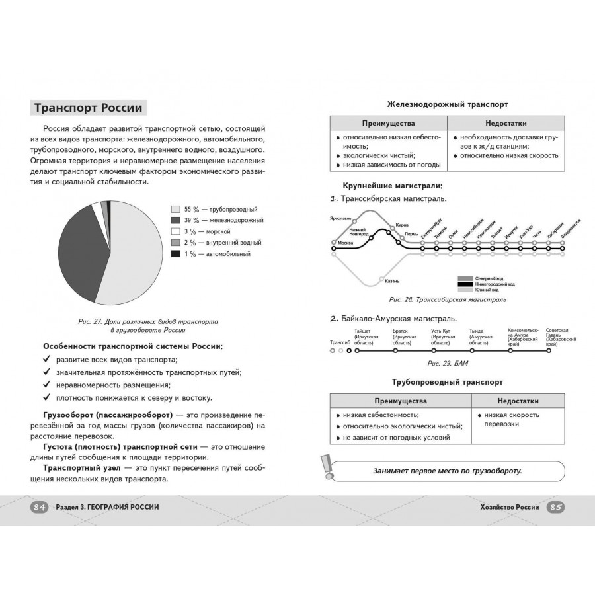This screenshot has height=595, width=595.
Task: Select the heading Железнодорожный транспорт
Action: point(447,104)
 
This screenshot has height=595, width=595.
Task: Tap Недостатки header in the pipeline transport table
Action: point(518,401)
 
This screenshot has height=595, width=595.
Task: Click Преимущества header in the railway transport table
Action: point(388,124)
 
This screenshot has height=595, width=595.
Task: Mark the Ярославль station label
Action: point(340,218)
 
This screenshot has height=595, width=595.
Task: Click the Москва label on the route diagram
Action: point(345,243)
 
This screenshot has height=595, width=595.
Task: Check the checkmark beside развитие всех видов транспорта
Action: point(47,359)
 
